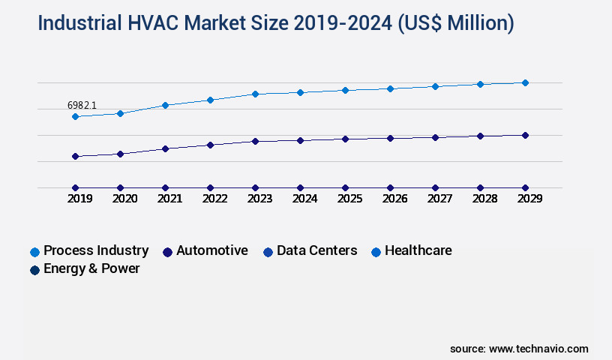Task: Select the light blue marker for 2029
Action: (525, 82)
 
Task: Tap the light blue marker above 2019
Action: (75, 116)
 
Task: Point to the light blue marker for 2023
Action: (255, 94)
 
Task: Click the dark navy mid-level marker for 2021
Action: (165, 148)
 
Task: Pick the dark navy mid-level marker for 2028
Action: (480, 136)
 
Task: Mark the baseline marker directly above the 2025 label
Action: (345, 187)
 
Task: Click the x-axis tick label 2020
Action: (124, 199)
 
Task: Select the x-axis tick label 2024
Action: (304, 199)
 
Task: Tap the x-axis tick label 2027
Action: (439, 199)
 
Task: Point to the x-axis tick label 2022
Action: (214, 199)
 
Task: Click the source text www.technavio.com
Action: (538, 349)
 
